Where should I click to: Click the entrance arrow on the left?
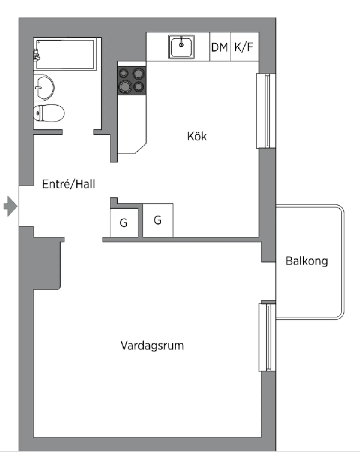11,206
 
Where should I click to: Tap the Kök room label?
197,136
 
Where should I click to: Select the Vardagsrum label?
152,346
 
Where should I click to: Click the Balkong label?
307,261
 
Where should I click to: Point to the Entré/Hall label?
69,184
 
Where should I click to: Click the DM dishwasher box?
220,47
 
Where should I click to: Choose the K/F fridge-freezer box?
244,47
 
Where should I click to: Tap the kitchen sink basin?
181,47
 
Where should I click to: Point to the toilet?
49,113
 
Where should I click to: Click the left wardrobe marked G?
124,222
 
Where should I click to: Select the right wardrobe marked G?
158,220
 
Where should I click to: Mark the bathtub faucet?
36,55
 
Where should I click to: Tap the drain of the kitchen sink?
181,45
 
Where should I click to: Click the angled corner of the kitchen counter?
140,149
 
